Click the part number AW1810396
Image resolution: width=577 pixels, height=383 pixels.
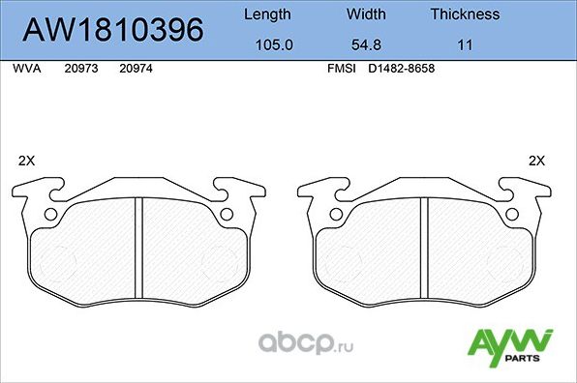coord(112,31)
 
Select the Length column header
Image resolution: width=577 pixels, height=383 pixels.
coord(265,15)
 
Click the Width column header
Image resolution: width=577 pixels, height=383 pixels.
coord(366,15)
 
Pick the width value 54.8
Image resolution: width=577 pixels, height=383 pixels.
coord(366,45)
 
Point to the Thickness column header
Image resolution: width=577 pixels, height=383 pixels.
coord(465,15)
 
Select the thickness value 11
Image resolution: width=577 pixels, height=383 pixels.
coord(465,45)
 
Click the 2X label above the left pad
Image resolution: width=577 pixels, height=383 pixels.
coord(27,161)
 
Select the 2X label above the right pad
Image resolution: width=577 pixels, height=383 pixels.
coord(536,161)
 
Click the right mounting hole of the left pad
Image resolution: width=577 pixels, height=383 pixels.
coord(228,215)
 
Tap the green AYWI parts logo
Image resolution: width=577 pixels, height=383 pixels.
coord(510,345)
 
